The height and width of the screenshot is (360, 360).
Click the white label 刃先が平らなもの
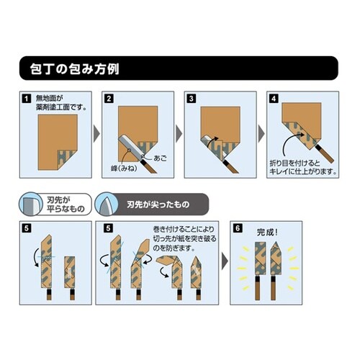pos(66,204)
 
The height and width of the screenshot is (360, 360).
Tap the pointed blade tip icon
pos(104,204)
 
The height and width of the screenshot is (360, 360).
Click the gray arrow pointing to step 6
pos(225,261)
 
